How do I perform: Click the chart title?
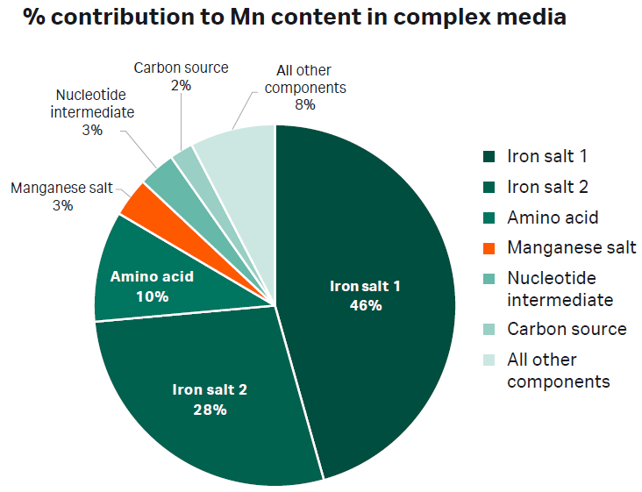click(x=295, y=18)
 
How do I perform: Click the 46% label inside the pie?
click(x=365, y=305)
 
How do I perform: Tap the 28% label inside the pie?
click(x=210, y=410)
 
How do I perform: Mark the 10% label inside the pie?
click(x=152, y=296)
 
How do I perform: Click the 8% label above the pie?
click(x=305, y=103)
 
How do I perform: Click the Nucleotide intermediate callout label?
click(x=92, y=112)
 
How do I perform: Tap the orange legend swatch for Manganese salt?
click(x=489, y=247)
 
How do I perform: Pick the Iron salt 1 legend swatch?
click(x=489, y=157)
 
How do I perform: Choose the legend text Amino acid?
click(x=553, y=217)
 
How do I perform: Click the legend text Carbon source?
click(x=567, y=329)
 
